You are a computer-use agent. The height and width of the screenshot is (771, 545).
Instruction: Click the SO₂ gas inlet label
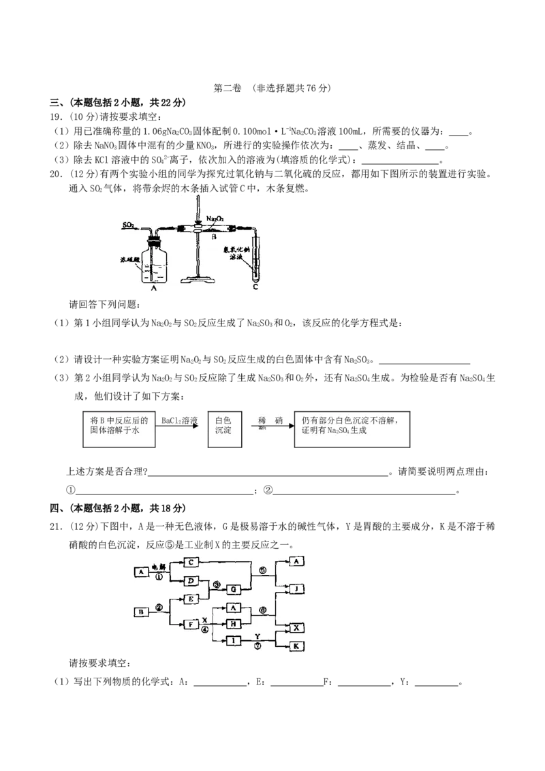coord(129,224)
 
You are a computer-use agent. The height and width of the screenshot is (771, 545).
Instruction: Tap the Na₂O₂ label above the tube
coord(215,219)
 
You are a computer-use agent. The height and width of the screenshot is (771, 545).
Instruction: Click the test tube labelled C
coord(255,259)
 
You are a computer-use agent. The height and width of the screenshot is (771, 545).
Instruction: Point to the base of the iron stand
coord(198,279)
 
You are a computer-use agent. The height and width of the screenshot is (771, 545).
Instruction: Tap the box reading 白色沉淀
coord(225,427)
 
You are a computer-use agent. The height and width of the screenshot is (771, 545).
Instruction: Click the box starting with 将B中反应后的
coord(120,427)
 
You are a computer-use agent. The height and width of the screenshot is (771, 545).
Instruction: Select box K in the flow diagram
coord(297,646)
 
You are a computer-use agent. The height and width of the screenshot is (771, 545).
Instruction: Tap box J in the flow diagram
coord(297,588)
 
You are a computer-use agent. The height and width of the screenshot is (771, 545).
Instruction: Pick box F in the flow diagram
coord(192,624)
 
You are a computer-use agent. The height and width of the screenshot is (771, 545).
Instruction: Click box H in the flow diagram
coord(233,624)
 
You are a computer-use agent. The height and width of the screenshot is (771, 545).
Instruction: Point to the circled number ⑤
coord(264,571)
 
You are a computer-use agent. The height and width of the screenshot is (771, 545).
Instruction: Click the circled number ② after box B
coord(159,607)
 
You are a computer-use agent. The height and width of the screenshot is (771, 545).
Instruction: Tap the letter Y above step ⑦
coord(258,635)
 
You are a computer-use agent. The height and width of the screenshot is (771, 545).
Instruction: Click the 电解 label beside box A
coord(158,567)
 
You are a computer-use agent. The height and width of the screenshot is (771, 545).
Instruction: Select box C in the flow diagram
coord(192,562)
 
